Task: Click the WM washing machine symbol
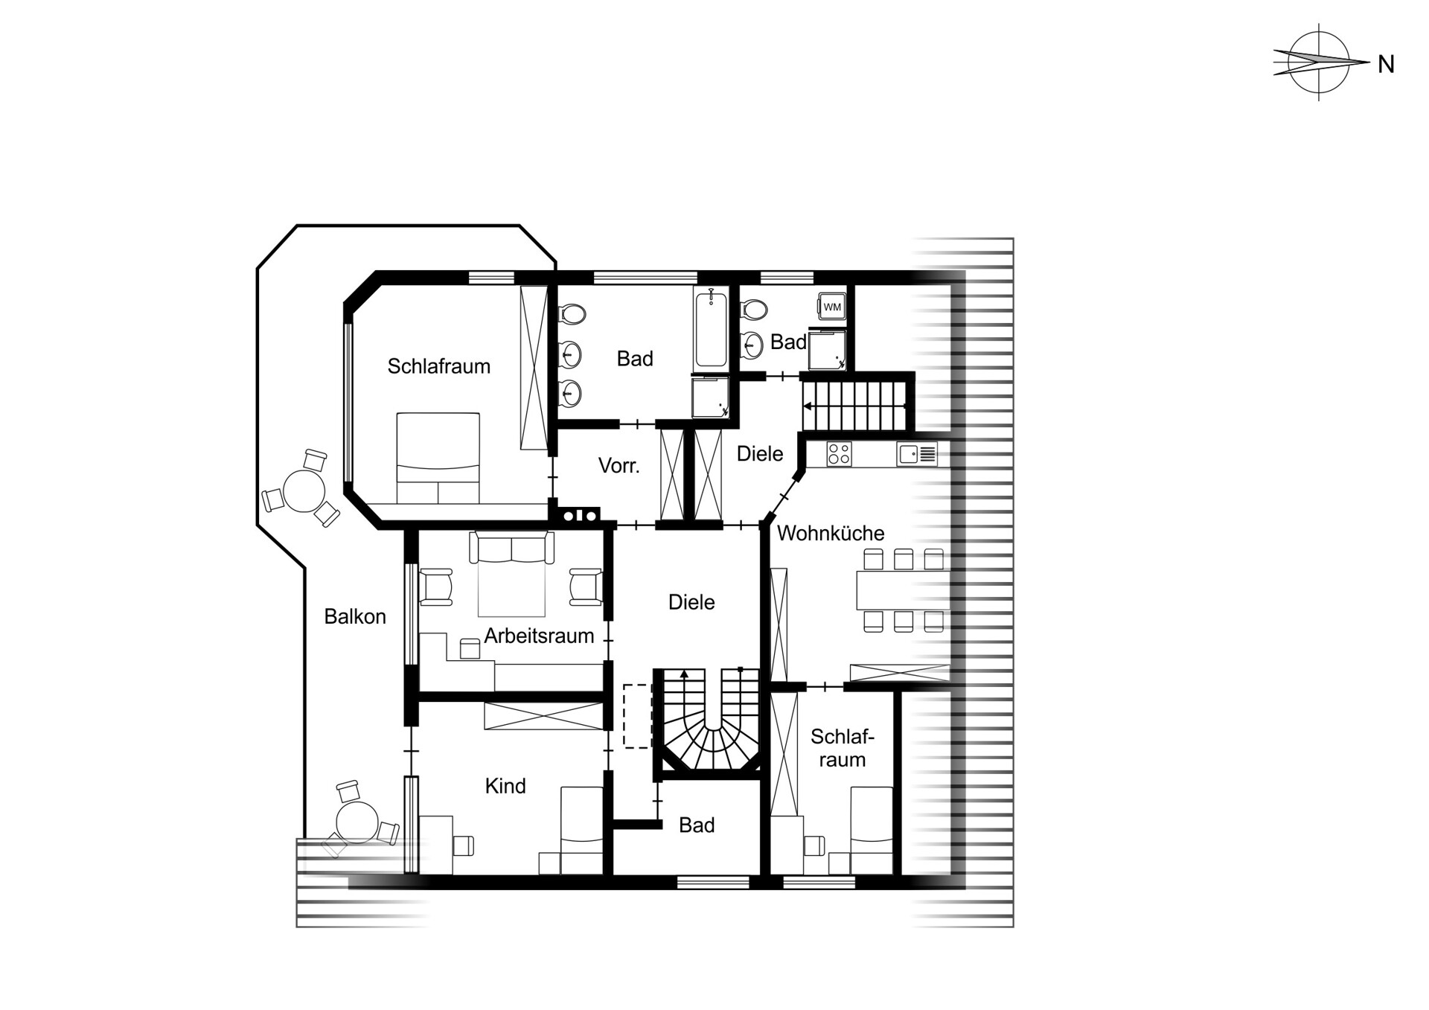coord(831,307)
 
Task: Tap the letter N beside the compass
coord(1385,65)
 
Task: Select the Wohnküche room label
coord(831,533)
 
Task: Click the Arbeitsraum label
coord(539,636)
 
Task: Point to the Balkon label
coord(355,616)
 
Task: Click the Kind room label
coord(505,786)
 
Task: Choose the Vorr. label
coord(618,466)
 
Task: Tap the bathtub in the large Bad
coord(711,328)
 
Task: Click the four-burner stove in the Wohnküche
coord(839,454)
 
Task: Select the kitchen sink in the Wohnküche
coord(917,454)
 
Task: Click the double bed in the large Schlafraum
coord(438,458)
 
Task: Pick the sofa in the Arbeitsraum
coord(511,548)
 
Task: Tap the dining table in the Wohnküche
coord(903,590)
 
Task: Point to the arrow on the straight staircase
coord(854,406)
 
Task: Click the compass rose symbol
coord(1320,62)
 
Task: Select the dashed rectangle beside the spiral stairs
coord(637,716)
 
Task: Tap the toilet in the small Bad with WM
coord(753,309)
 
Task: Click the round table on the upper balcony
coord(304,491)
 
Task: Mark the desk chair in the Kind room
coord(462,846)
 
